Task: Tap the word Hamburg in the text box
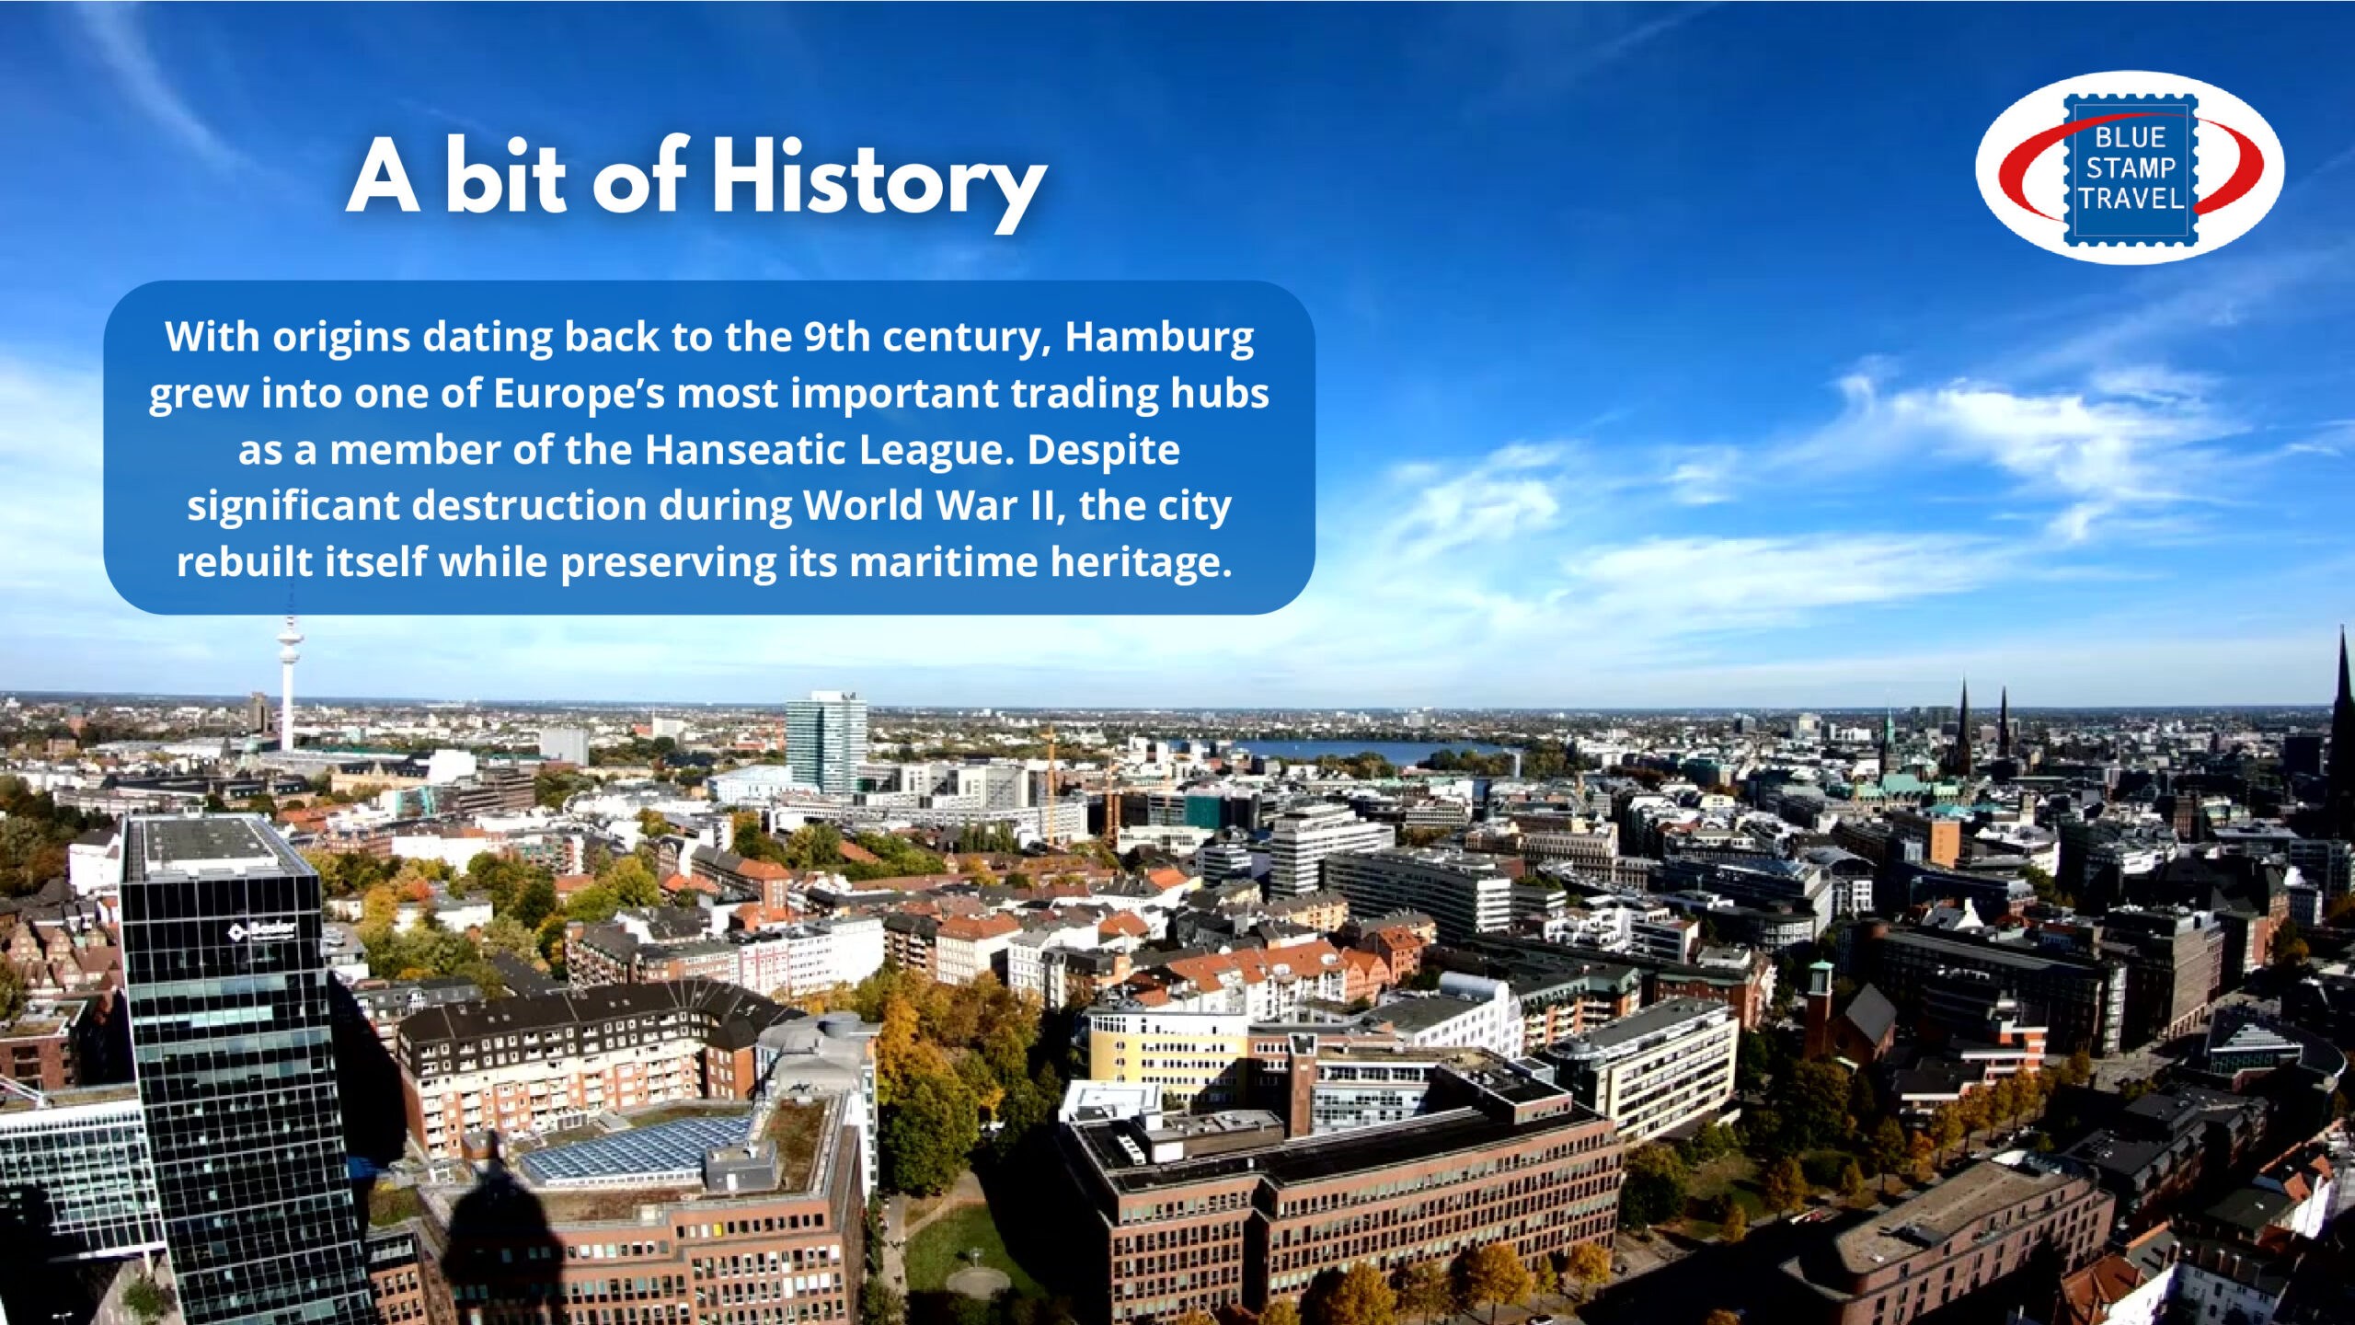coord(1159,337)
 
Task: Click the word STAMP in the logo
coord(2131,168)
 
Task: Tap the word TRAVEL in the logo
coord(2131,199)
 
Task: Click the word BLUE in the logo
coord(2131,138)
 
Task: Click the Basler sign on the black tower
coord(263,930)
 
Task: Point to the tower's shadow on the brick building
coord(501,1224)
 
